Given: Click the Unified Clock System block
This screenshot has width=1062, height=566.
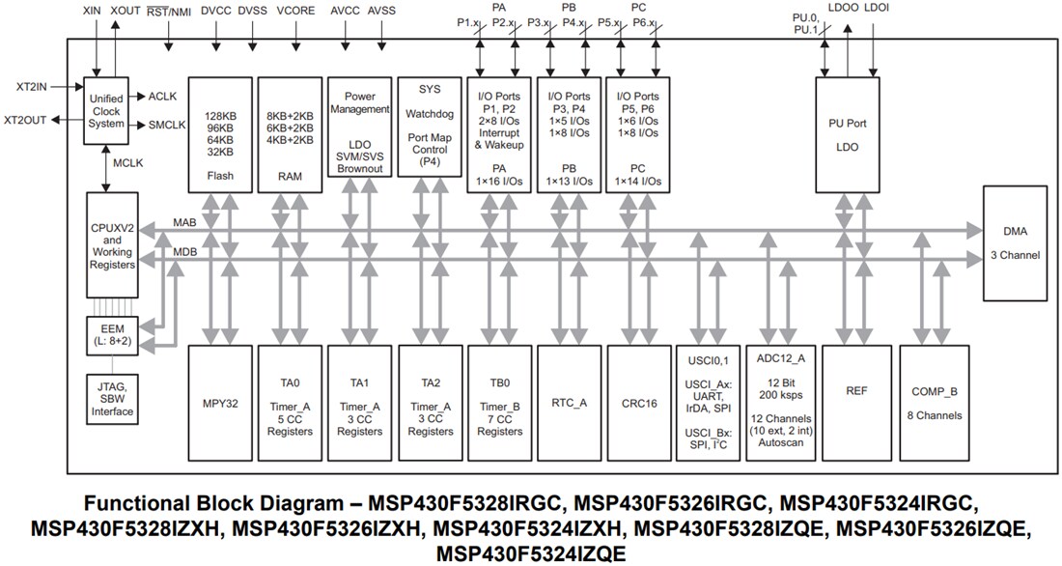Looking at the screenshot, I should [106, 111].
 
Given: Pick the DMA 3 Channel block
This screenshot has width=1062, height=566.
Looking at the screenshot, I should [1014, 243].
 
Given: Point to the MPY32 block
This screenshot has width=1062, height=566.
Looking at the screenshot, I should [221, 403].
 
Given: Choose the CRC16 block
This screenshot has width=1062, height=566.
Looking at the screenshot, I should [638, 403].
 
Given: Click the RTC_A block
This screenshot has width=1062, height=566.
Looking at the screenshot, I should [569, 403].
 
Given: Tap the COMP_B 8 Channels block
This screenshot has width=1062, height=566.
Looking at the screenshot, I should [935, 403].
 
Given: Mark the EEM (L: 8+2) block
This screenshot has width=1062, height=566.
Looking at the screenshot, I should [112, 334].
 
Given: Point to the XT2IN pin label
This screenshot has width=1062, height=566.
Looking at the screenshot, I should [31, 86].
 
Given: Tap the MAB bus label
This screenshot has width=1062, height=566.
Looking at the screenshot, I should [184, 223].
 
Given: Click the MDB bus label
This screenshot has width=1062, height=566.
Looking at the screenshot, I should [184, 252].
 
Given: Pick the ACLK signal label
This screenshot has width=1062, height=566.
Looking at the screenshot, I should [162, 97].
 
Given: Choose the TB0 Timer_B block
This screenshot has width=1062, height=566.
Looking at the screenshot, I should [499, 403].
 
